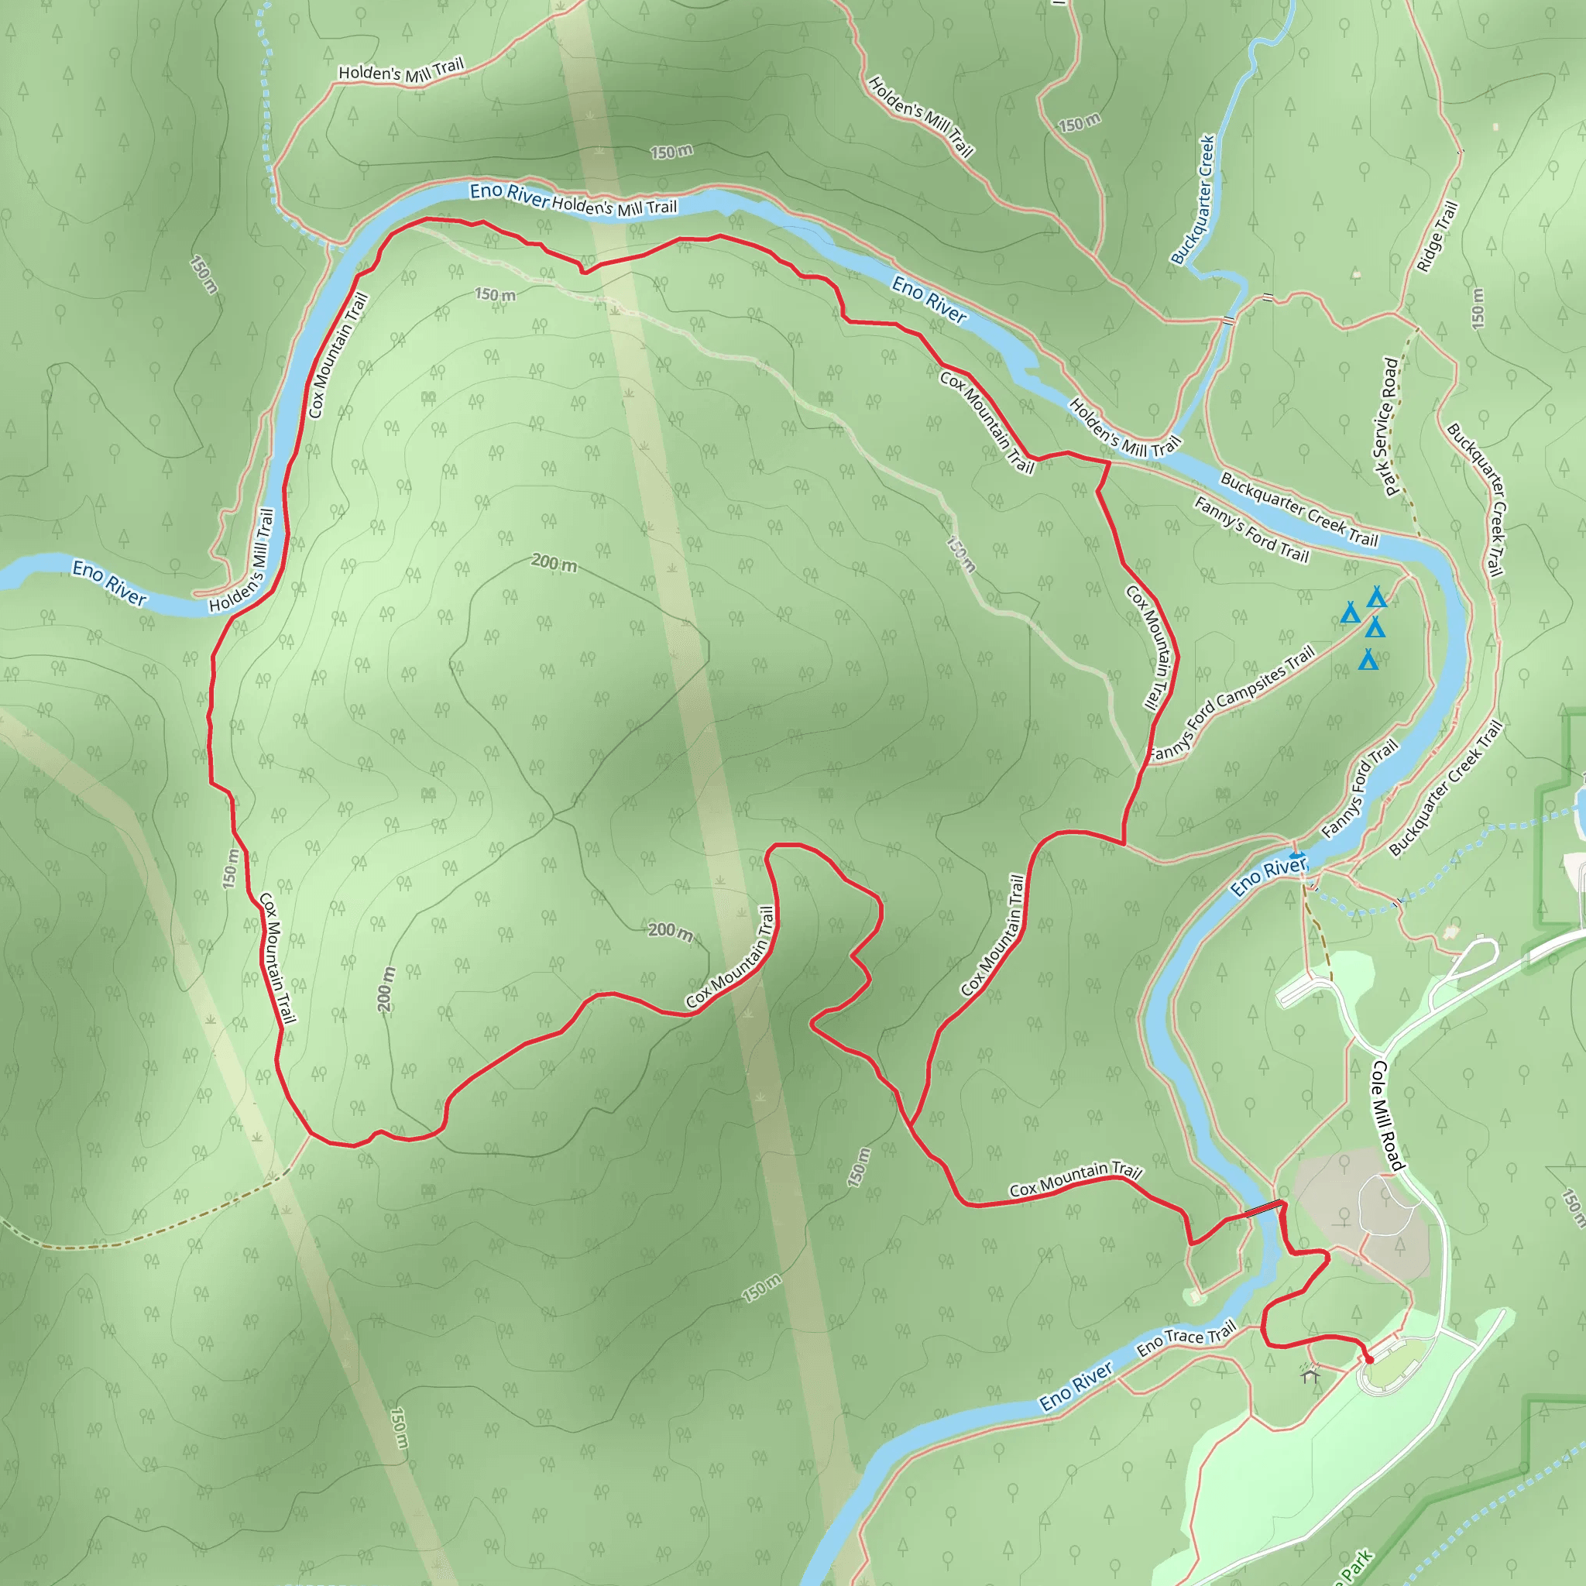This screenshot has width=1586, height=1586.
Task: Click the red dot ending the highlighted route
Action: coord(1368,1360)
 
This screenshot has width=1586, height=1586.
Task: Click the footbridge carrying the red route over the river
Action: coord(1263,1209)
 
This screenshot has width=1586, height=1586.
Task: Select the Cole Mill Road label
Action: coord(1387,1116)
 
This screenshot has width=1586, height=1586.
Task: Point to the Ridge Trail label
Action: coord(1437,236)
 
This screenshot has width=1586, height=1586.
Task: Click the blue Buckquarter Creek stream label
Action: coord(1193,200)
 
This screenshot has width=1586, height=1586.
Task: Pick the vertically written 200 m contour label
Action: coord(386,988)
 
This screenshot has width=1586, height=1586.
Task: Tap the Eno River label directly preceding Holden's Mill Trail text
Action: coord(509,194)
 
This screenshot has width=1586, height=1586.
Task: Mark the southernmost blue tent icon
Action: coord(1368,659)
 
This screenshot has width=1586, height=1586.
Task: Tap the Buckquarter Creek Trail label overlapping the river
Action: coord(1299,509)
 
